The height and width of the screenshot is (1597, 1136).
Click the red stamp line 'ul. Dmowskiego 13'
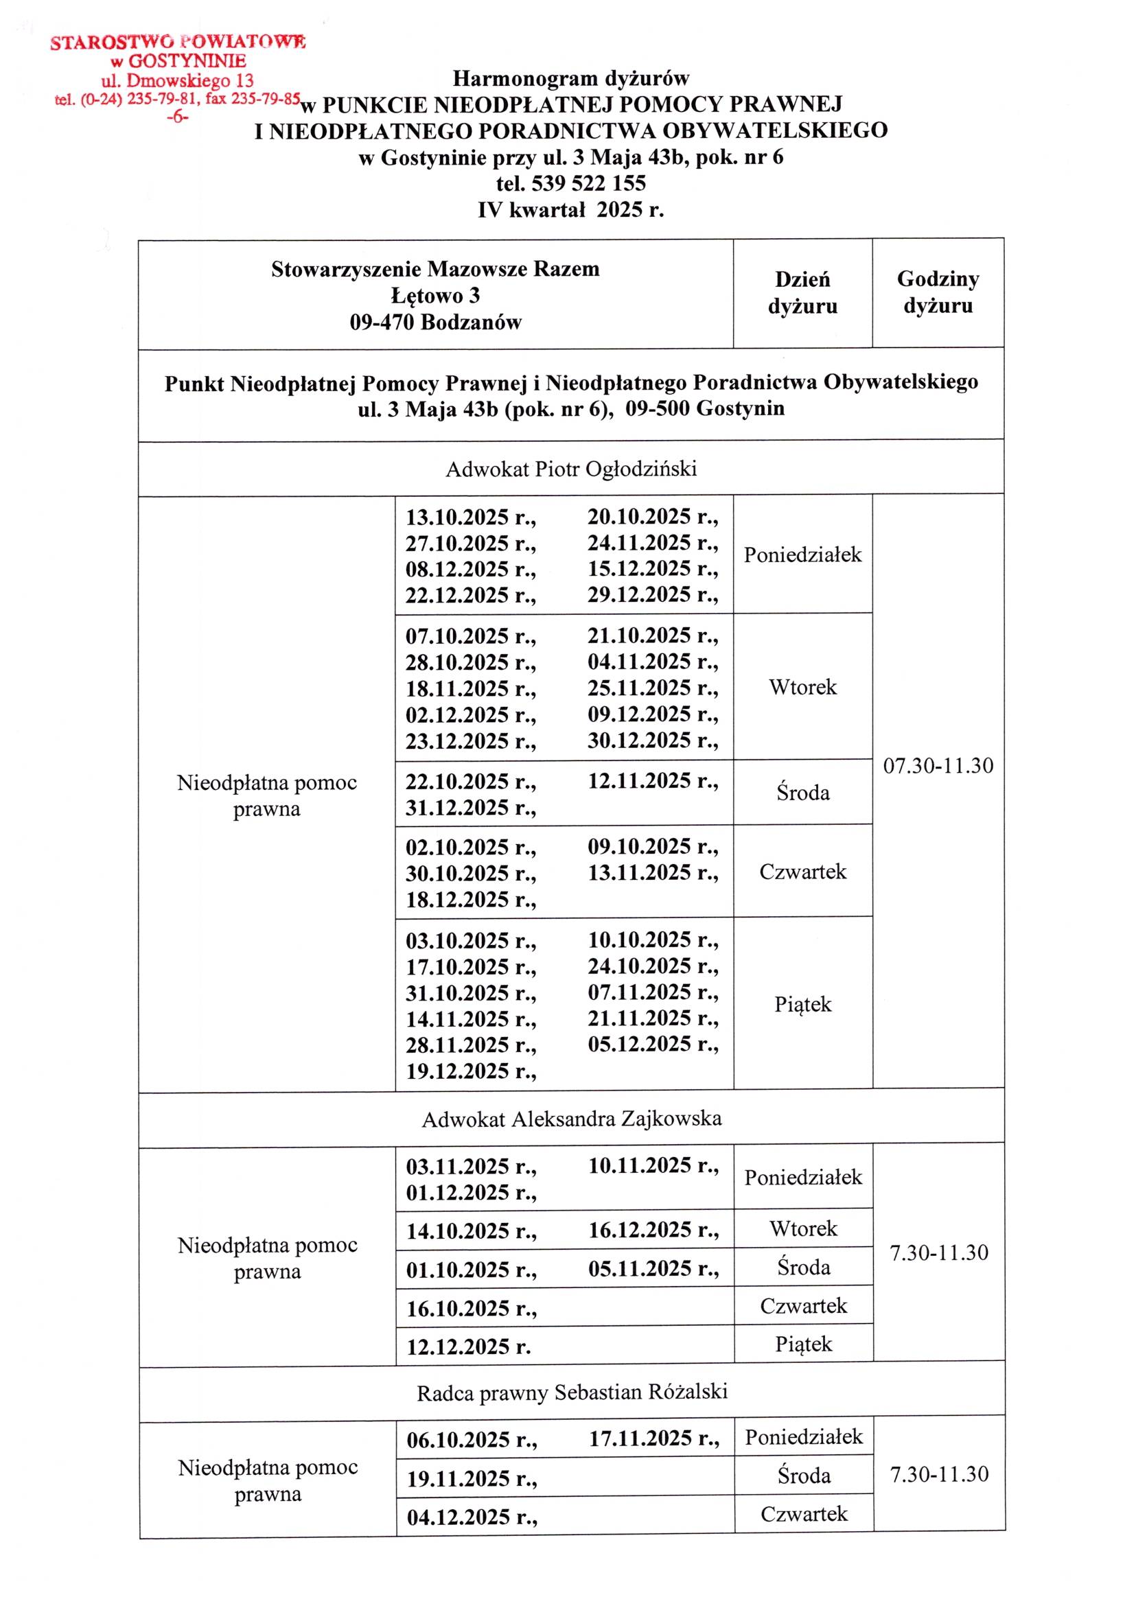pos(177,80)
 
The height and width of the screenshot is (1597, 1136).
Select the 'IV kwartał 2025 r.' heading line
pos(571,210)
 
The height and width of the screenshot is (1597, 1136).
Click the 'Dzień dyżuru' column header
pos(802,292)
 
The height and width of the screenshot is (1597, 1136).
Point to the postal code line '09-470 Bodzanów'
pos(435,323)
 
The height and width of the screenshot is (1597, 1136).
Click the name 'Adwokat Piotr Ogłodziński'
pos(571,469)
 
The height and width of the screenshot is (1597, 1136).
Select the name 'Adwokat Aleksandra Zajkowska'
pos(571,1119)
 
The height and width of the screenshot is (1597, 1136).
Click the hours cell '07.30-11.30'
pos(938,766)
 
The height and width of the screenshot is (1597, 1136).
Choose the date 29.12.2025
pos(652,594)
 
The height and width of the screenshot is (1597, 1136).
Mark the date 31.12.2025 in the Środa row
pos(470,808)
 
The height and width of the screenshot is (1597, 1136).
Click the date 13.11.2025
pos(652,872)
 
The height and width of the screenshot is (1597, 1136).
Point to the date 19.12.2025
pos(470,1071)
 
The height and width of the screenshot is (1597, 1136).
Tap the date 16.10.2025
pos(471,1308)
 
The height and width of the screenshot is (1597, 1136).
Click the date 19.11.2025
pos(472,1478)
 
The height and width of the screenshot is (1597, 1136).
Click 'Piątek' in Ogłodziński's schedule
pos(802,1004)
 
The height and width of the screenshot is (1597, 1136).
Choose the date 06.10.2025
pos(472,1439)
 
